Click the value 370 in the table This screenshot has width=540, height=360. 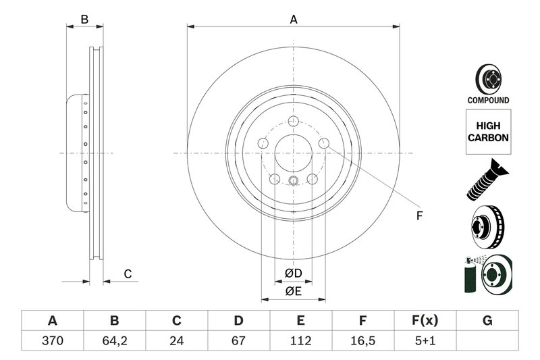[x=52, y=340]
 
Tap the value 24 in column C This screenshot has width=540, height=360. [x=177, y=340]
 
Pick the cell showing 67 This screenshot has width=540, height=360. [x=238, y=340]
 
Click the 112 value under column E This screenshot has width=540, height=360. [x=300, y=340]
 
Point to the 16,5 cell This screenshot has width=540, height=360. [x=362, y=340]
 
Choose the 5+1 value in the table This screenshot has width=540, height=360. [x=425, y=340]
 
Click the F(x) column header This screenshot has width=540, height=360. [x=425, y=320]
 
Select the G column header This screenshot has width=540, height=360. [x=487, y=320]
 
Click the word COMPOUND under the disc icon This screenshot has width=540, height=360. [x=488, y=100]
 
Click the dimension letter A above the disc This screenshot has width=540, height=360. [x=294, y=20]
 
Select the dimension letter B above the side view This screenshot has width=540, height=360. [x=84, y=20]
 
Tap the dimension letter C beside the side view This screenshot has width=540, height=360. [x=126, y=274]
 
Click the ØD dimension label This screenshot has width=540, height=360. [x=293, y=274]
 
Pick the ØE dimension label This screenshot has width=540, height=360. [x=293, y=292]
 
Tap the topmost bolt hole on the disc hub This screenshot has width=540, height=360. [x=293, y=121]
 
